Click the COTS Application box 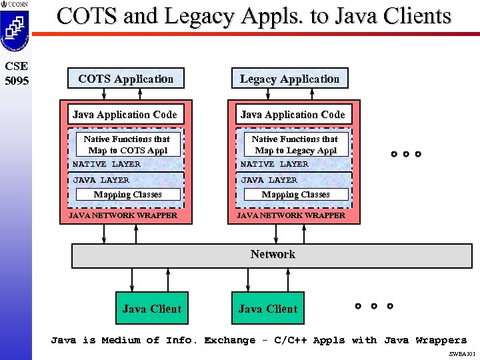click(x=126, y=79)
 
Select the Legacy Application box click(x=289, y=79)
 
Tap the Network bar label click(x=273, y=254)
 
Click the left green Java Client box click(x=151, y=309)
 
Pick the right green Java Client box click(x=267, y=309)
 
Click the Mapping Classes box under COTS click(x=127, y=195)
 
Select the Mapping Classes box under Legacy click(x=295, y=195)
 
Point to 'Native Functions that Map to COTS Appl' click(x=127, y=145)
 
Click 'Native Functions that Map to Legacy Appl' click(x=295, y=145)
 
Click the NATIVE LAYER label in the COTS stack click(x=107, y=164)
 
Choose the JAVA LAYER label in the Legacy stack click(x=269, y=180)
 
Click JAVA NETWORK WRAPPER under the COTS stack click(x=123, y=215)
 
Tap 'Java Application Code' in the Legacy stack click(x=293, y=115)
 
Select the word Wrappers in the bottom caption click(x=441, y=340)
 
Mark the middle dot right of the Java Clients click(x=373, y=307)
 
